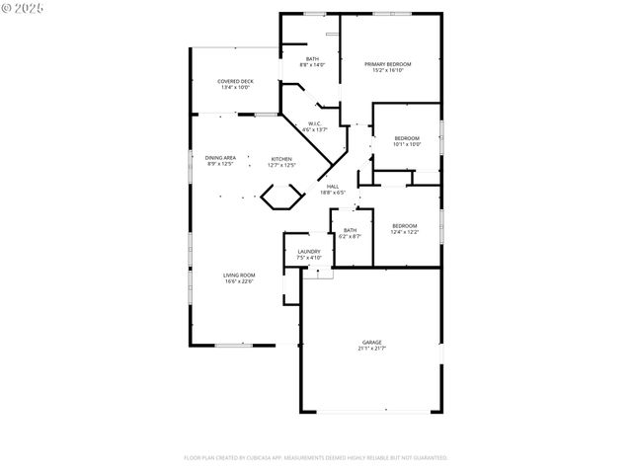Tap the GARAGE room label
371,342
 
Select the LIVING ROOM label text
238,275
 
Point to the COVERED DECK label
235,81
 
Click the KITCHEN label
282,158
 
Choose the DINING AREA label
220,158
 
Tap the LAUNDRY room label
309,252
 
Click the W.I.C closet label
313,123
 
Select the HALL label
333,186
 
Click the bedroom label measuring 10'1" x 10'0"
407,137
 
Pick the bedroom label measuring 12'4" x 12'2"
404,226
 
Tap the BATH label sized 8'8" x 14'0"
312,59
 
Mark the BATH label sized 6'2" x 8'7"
350,231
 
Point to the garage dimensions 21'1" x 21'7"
371,349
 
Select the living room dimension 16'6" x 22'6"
238,281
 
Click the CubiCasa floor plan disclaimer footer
316,458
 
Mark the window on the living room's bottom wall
232,345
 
